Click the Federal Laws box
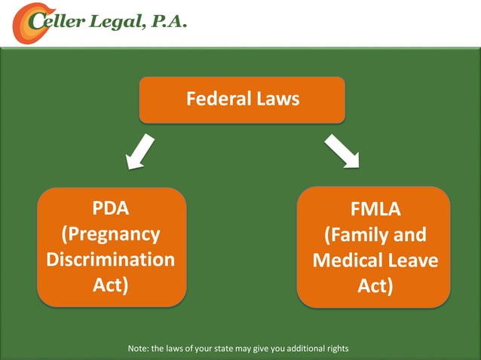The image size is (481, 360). pos(242,99)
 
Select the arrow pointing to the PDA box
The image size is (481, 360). pos(139,151)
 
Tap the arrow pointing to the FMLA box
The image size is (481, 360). pos(342,151)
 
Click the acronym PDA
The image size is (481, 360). pos(111,209)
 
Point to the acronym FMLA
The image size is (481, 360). pos(375,209)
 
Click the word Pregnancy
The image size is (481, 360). pos(111,234)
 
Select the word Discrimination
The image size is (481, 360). pos(111,260)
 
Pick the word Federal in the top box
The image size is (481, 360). pos(216,99)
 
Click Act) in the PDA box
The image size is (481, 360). pos(111,285)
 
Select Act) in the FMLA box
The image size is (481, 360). pos(375,286)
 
